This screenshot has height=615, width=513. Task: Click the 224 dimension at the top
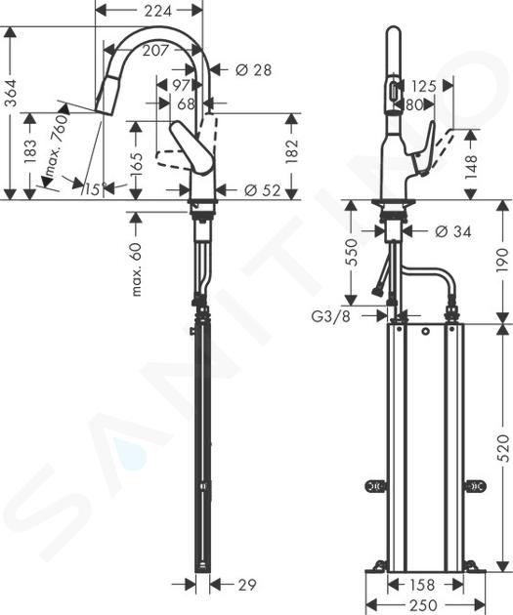(157, 11)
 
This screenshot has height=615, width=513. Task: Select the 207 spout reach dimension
(155, 50)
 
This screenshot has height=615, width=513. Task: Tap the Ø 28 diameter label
(253, 70)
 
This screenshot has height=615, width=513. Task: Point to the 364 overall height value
(11, 93)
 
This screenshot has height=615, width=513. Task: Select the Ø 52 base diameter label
(263, 190)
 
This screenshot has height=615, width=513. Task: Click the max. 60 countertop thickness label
(136, 269)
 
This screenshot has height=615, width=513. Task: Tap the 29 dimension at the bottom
(247, 585)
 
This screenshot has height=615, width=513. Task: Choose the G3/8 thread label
(330, 315)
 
